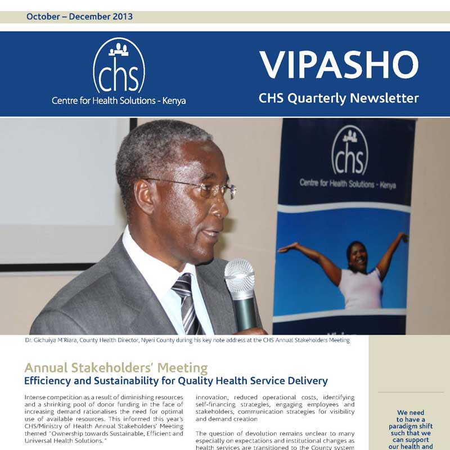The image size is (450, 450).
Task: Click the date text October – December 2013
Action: click(x=79, y=16)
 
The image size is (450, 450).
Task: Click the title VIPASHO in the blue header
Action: click(x=339, y=65)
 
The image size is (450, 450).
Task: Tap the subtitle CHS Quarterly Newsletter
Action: click(x=339, y=98)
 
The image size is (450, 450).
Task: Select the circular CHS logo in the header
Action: click(x=119, y=65)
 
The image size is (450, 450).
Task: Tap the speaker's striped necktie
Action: click(x=186, y=298)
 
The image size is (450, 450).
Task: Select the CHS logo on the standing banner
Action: click(x=349, y=150)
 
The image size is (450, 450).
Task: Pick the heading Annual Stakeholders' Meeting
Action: click(x=116, y=368)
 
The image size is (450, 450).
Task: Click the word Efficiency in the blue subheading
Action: click(x=47, y=381)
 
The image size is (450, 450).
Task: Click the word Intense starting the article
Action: click(x=35, y=397)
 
